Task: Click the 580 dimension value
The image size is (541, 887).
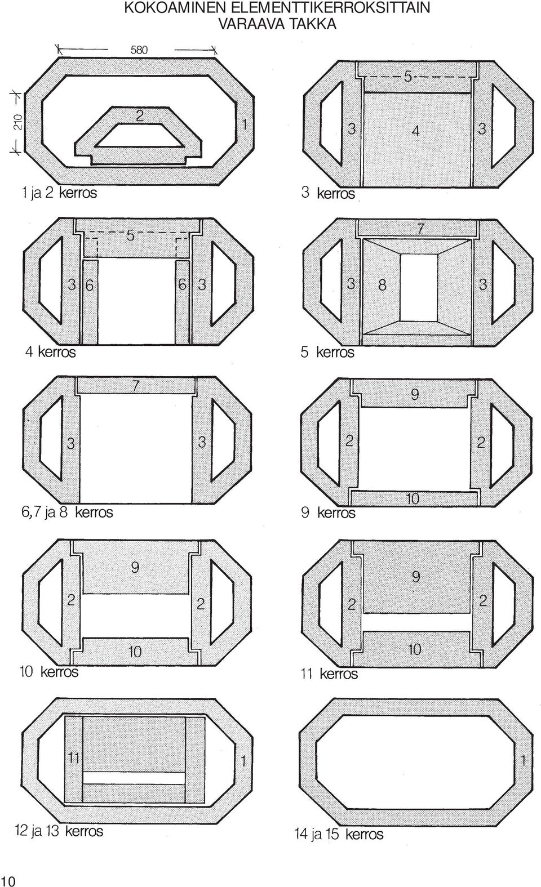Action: click(139, 50)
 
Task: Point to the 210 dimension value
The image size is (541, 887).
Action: click(18, 122)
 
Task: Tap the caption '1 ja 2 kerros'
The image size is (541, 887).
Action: click(59, 193)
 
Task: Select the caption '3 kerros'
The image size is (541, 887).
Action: click(327, 193)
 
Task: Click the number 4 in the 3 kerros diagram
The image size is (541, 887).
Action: click(415, 130)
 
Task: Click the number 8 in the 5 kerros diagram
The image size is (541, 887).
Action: click(382, 285)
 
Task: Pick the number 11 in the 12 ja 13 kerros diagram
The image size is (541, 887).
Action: click(74, 758)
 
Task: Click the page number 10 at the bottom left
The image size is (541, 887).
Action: click(7, 881)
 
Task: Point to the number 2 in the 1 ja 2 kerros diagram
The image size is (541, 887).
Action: click(140, 115)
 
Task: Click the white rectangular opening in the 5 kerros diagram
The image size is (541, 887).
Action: click(419, 287)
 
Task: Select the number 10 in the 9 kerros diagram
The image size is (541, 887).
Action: click(413, 498)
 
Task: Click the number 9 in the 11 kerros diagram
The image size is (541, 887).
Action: click(415, 577)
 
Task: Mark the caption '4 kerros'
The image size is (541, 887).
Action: click(50, 351)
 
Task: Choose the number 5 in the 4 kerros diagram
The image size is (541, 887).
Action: click(130, 236)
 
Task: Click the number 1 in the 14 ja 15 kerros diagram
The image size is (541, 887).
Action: click(523, 760)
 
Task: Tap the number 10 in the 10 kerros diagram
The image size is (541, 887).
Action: click(135, 652)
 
